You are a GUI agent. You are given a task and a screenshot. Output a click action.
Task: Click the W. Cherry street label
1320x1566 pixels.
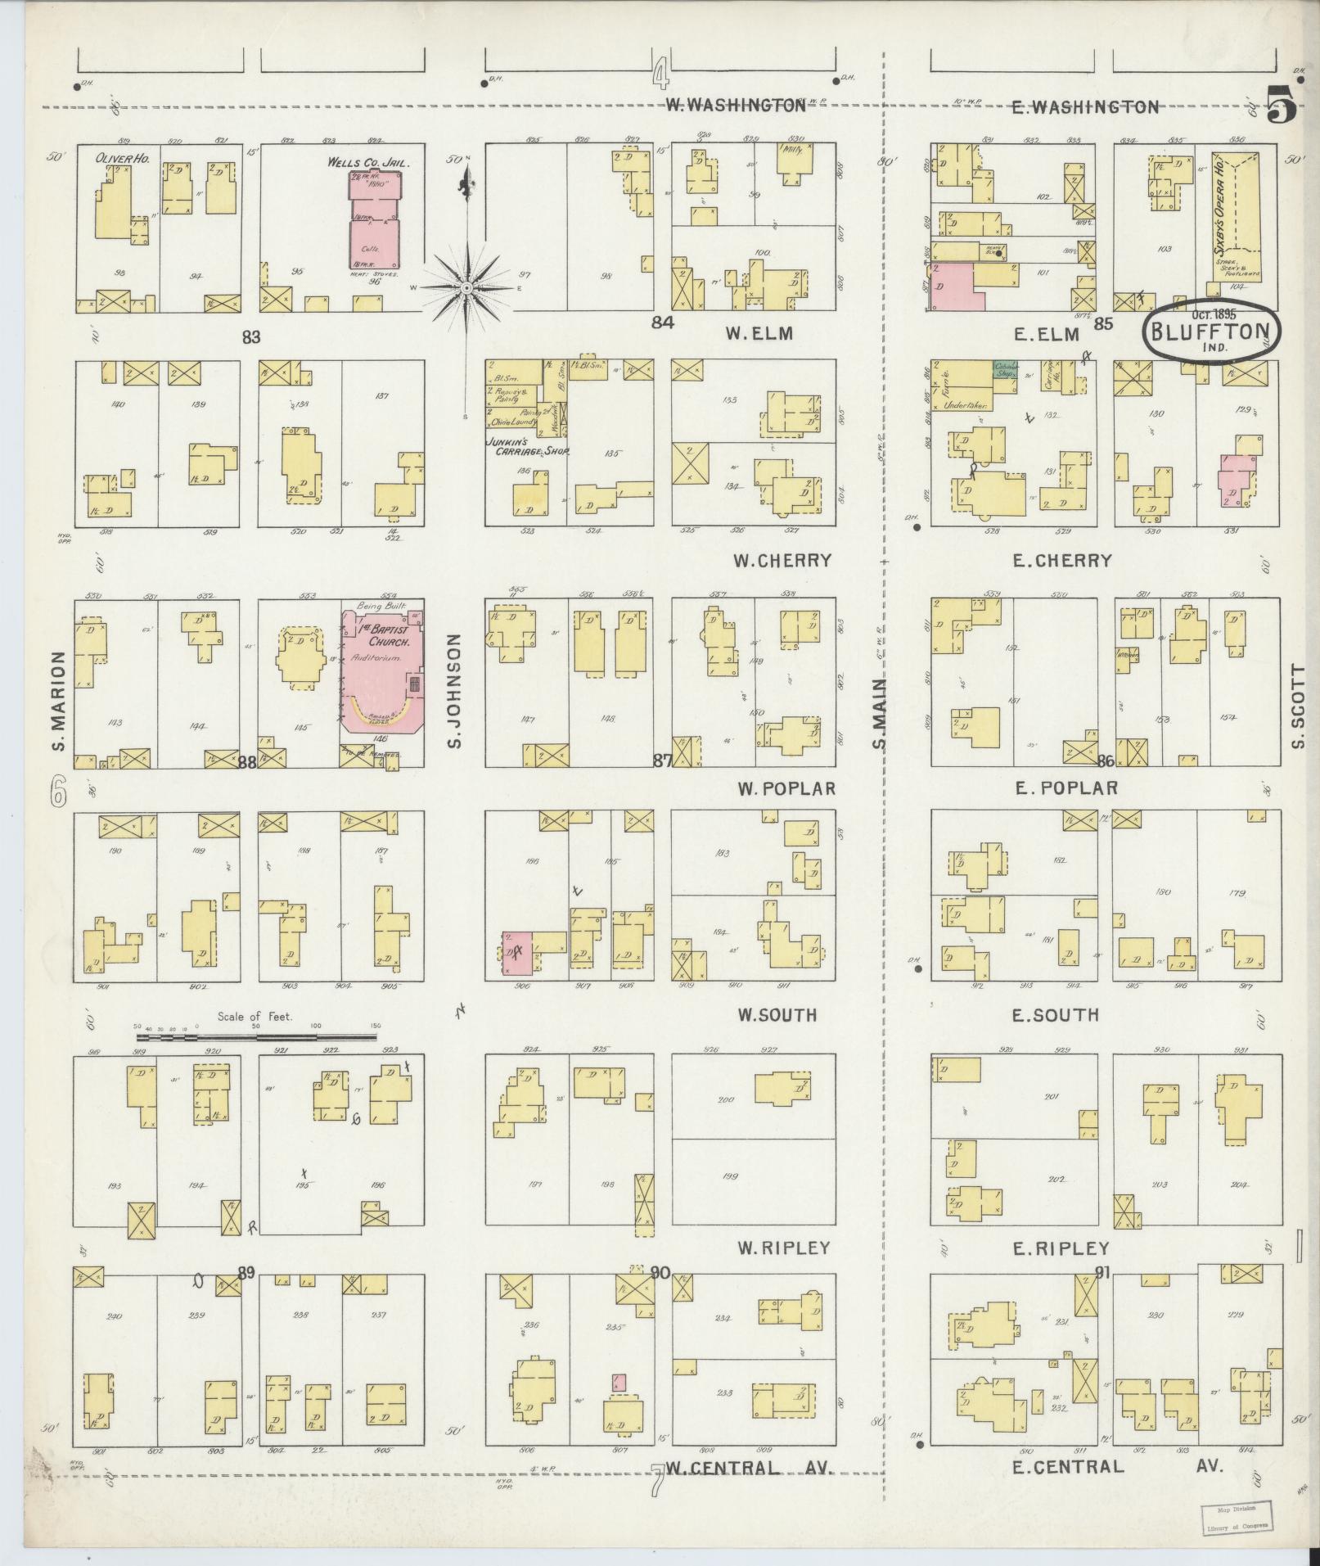(x=782, y=561)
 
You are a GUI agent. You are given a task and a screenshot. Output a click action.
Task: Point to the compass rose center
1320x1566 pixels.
(x=466, y=287)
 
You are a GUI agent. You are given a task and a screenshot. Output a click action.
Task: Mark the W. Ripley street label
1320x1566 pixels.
(x=783, y=1248)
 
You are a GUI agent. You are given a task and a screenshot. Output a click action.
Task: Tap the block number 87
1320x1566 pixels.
(x=660, y=760)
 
